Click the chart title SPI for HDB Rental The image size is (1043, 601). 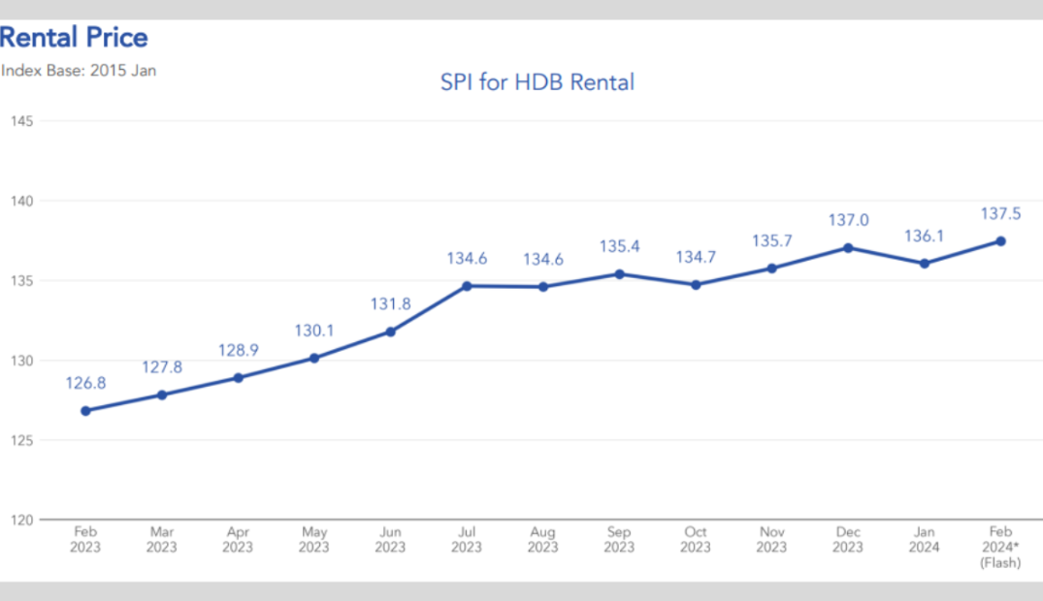[x=537, y=82]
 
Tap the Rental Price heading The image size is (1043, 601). [x=75, y=38]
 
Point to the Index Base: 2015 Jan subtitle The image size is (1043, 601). [x=79, y=70]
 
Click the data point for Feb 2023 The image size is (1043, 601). [x=85, y=411]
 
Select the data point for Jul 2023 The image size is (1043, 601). [x=467, y=286]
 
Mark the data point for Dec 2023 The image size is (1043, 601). [x=848, y=247]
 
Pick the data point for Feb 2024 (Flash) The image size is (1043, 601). [x=1000, y=240]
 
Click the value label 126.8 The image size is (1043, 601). [x=85, y=383]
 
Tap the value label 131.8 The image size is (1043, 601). [x=390, y=303]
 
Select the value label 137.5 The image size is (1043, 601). [x=1000, y=213]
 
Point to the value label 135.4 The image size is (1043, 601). [x=619, y=246]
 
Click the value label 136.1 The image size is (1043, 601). [x=924, y=236]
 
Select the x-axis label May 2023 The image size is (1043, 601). [x=313, y=540]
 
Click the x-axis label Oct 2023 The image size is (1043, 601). [x=696, y=540]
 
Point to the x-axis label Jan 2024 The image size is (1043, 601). [x=924, y=540]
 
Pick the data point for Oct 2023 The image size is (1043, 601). [x=696, y=285]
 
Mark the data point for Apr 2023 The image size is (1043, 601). [x=238, y=377]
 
